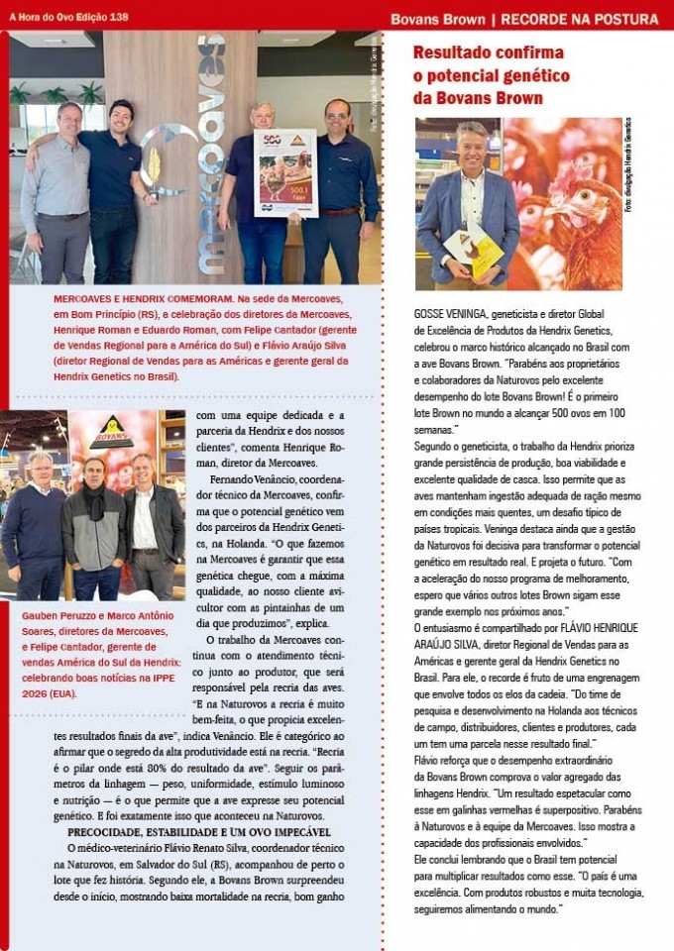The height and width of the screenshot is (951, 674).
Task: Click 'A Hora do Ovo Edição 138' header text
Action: point(69,17)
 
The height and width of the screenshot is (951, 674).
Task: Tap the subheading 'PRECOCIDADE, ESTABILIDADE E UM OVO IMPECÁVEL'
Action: point(192,831)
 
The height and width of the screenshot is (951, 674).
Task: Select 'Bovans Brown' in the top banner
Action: point(438,19)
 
